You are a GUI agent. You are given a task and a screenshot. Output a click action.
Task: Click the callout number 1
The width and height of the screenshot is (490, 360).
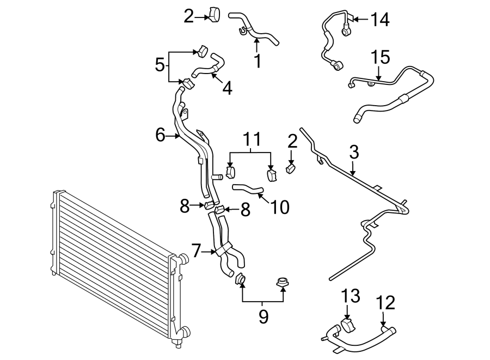pyautogui.click(x=258, y=61)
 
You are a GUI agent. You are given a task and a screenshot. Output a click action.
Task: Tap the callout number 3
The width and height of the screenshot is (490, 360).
pyautogui.click(x=354, y=152)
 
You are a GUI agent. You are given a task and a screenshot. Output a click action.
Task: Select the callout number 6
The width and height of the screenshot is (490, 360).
pyautogui.click(x=160, y=135)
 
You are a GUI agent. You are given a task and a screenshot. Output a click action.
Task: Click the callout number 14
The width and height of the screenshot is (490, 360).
pyautogui.click(x=380, y=20)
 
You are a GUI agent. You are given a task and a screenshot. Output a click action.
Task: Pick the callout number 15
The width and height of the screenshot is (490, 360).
pyautogui.click(x=381, y=57)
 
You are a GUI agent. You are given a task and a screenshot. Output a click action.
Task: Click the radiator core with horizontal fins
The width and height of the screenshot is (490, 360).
pyautogui.click(x=109, y=261)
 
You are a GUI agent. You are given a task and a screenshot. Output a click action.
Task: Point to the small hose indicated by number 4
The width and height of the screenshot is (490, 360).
pyautogui.click(x=207, y=69)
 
